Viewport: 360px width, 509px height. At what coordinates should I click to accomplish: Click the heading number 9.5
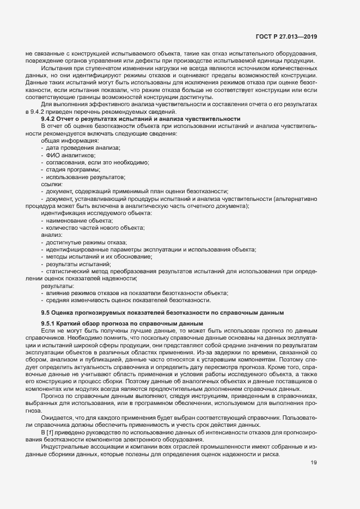(x=46, y=313)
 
